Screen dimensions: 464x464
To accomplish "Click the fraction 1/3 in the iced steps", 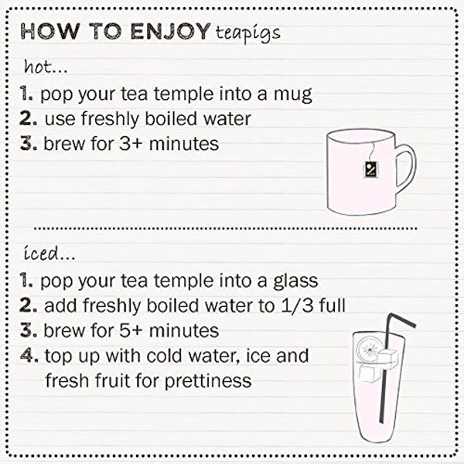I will [x=302, y=305].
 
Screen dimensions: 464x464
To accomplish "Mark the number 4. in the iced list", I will [x=29, y=357].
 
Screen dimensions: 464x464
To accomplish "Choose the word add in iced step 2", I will [x=60, y=305].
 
